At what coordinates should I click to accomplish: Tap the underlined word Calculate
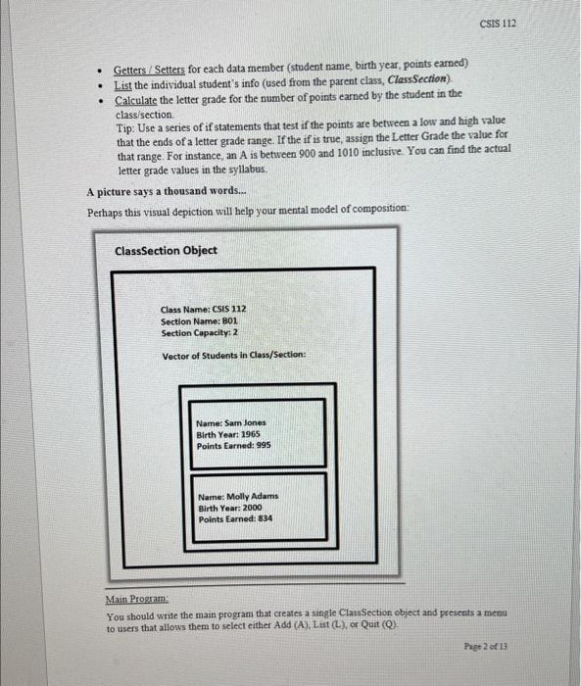tap(137, 101)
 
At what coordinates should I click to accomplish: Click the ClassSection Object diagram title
tap(166, 251)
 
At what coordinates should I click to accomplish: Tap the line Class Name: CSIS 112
tap(204, 308)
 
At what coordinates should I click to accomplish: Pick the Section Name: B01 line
tap(201, 319)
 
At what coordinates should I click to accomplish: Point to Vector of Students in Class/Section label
tap(233, 354)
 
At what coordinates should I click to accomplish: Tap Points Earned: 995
tap(233, 446)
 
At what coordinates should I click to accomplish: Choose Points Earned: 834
tap(235, 519)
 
